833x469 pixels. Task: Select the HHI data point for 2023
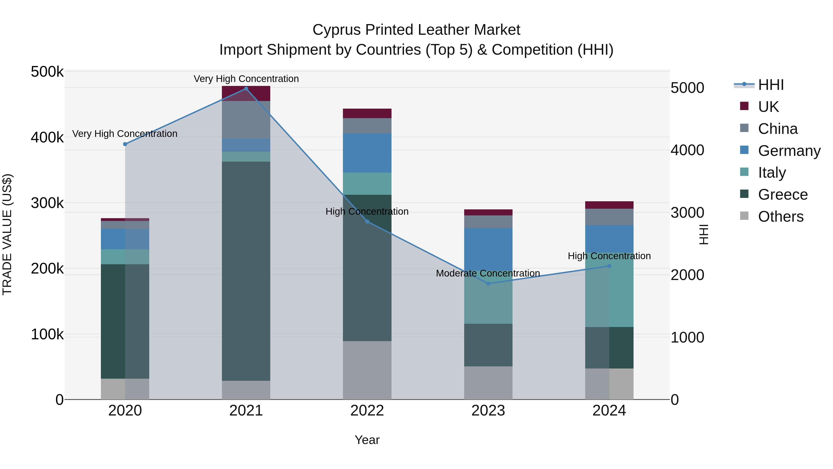(488, 283)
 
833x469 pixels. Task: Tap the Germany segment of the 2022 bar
(367, 153)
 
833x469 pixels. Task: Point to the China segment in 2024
(609, 217)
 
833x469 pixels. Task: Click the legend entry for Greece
(783, 195)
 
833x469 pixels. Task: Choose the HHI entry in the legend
(771, 85)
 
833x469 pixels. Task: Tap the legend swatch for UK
(744, 106)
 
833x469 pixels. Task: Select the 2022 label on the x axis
(367, 411)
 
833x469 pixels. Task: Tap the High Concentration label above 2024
(609, 256)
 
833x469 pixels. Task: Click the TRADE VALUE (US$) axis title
(7, 234)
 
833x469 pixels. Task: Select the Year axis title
(367, 440)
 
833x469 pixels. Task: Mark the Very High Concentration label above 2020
(124, 134)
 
